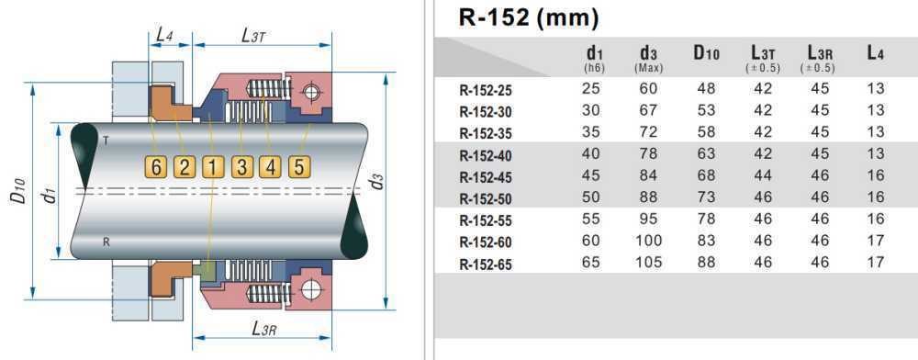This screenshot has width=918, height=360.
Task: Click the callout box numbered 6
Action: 157,167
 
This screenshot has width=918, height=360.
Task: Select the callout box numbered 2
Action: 185,167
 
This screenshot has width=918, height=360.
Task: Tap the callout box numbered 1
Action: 213,167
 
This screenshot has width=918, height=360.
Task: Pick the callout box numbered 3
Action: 242,167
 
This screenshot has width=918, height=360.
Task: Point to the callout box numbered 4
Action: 271,167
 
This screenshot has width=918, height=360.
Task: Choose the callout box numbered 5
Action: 299,167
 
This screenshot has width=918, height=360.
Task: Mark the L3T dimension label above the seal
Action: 254,35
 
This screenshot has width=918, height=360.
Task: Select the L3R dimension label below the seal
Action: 264,329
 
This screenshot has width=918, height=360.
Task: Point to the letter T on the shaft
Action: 106,141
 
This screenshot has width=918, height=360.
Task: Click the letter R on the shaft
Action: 106,242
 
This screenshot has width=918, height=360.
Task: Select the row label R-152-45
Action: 487,176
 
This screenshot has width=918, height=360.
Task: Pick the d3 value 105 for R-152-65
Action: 649,263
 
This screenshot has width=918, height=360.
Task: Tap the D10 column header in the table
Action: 705,54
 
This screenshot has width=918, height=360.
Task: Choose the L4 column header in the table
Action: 875,54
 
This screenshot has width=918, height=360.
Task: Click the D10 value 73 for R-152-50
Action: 705,198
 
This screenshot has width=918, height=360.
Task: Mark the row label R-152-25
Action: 487,90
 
